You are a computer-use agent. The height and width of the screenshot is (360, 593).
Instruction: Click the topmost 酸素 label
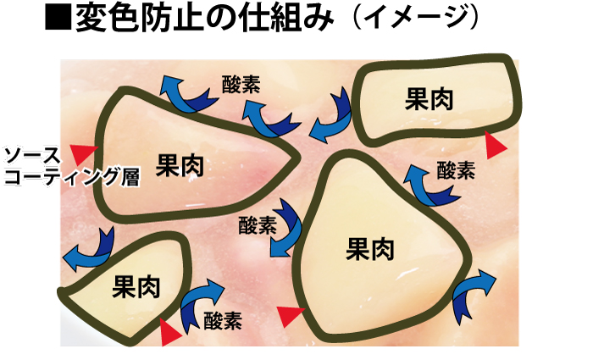pos(241,84)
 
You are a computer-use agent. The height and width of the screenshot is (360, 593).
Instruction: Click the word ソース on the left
pos(31,156)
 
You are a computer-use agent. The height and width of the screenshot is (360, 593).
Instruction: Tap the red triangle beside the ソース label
pos(82,153)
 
